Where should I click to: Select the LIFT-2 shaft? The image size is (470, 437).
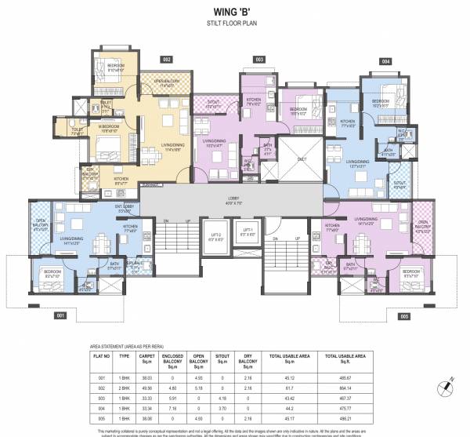(208, 236)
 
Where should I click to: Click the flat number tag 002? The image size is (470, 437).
(167, 59)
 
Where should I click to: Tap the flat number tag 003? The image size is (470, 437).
(258, 59)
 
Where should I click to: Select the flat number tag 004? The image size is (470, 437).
(385, 60)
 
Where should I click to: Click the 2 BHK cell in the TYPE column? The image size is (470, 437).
(124, 388)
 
